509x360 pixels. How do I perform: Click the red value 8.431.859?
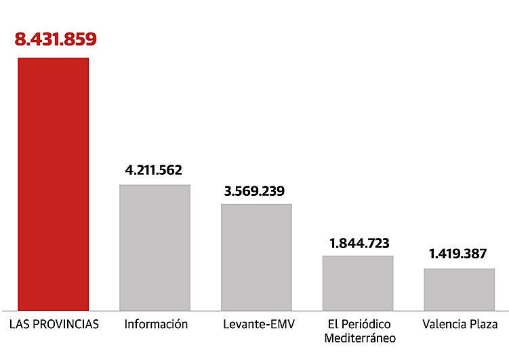point(56,39)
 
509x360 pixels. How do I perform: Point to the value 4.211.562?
point(154,169)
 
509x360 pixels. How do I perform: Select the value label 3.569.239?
point(256,190)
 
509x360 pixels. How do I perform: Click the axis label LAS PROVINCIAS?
point(54,324)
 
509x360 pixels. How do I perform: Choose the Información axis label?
point(156,324)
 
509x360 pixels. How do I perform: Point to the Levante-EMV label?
point(258,324)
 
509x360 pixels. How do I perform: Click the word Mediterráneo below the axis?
point(360,338)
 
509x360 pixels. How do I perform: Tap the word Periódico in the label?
point(368,324)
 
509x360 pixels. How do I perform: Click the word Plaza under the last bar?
point(483,324)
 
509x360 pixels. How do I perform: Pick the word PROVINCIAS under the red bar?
point(64,324)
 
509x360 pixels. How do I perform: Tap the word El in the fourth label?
point(332,324)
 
